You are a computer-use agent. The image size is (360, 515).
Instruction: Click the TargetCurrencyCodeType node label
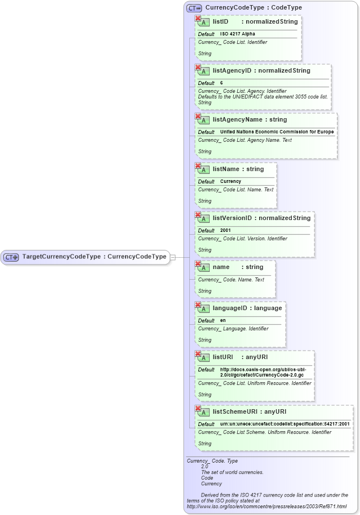(94, 257)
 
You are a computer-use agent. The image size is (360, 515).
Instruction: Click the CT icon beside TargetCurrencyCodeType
(11, 257)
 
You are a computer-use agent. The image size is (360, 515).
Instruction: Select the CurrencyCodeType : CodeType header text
(254, 8)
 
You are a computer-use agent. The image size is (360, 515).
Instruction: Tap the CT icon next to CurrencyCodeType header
(194, 8)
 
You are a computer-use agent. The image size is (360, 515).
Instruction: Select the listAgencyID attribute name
(232, 71)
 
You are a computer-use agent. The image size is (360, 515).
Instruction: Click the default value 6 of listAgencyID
(221, 83)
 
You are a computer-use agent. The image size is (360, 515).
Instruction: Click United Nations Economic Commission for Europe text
(277, 132)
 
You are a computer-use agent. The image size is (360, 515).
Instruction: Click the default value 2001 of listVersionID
(225, 230)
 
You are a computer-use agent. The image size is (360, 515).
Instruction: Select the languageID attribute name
(232, 308)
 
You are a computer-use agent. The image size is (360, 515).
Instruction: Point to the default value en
(223, 320)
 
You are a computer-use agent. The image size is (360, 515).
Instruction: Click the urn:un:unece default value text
(285, 424)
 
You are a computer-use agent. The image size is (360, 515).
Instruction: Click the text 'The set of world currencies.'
(232, 472)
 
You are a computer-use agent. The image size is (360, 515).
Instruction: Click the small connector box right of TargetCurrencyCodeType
(173, 257)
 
